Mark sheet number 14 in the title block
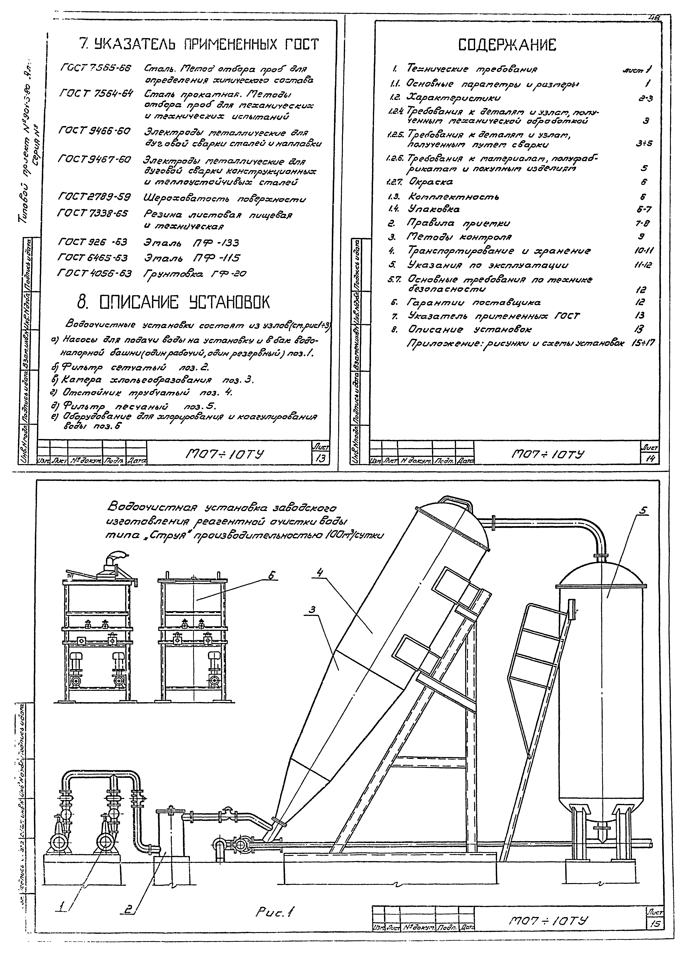point(650,459)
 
